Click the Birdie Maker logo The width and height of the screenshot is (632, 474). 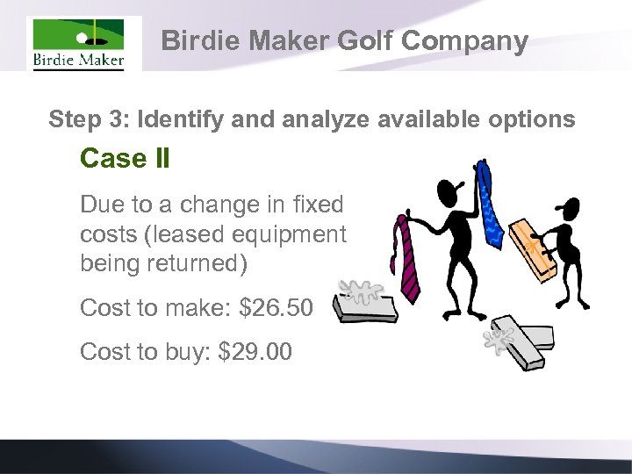(x=78, y=44)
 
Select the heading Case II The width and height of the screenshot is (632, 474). (x=125, y=159)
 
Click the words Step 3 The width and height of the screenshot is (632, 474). (x=87, y=119)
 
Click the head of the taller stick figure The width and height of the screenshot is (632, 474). (x=448, y=192)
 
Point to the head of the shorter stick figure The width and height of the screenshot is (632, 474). (x=568, y=211)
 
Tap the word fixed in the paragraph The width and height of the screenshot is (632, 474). (x=320, y=205)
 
